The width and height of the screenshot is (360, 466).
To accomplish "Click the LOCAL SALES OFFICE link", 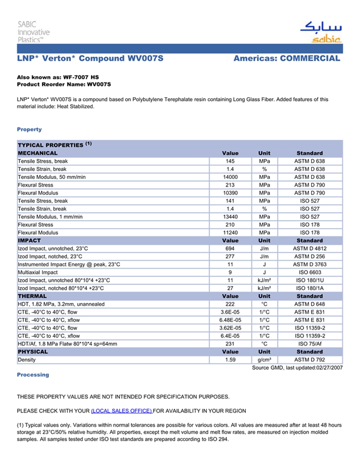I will [x=121, y=411].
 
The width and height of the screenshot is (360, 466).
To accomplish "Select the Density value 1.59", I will [x=230, y=360].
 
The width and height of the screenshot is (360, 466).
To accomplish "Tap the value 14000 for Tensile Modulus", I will [x=230, y=177].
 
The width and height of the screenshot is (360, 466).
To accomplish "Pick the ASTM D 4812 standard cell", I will [x=310, y=248].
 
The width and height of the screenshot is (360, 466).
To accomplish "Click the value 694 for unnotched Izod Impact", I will [x=230, y=248].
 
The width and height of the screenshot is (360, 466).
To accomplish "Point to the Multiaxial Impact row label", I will [x=38, y=273].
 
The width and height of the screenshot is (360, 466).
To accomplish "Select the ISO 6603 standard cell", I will [x=310, y=273].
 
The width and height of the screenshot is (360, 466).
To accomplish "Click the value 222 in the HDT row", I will [x=230, y=304].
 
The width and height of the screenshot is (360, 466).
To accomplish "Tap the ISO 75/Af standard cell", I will [x=310, y=344].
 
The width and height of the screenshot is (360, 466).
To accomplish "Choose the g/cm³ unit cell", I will [x=264, y=360].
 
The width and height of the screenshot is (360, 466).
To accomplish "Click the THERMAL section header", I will [x=32, y=296].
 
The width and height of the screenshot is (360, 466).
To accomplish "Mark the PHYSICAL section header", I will [x=33, y=352].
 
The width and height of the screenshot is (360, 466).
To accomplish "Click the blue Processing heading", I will [x=33, y=375].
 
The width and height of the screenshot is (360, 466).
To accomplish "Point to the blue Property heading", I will [x=29, y=130].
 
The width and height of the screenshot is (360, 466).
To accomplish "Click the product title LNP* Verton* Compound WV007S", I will [x=90, y=59].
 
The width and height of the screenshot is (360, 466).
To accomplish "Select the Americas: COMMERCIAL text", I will [x=286, y=59].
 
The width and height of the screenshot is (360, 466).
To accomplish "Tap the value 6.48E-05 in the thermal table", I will [x=230, y=320].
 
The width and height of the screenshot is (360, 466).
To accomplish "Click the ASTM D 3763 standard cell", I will [x=310, y=264].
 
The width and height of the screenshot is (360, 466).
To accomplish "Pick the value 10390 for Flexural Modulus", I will [x=230, y=193].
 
